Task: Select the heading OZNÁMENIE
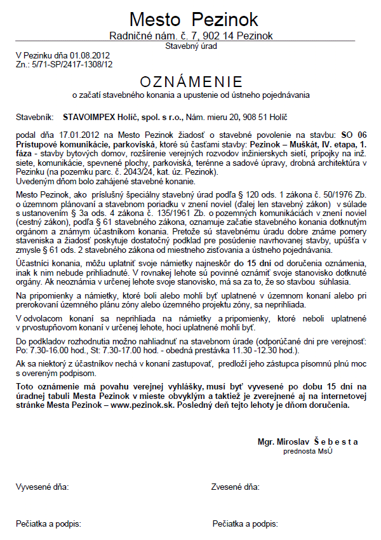191,82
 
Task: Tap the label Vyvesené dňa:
41,487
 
